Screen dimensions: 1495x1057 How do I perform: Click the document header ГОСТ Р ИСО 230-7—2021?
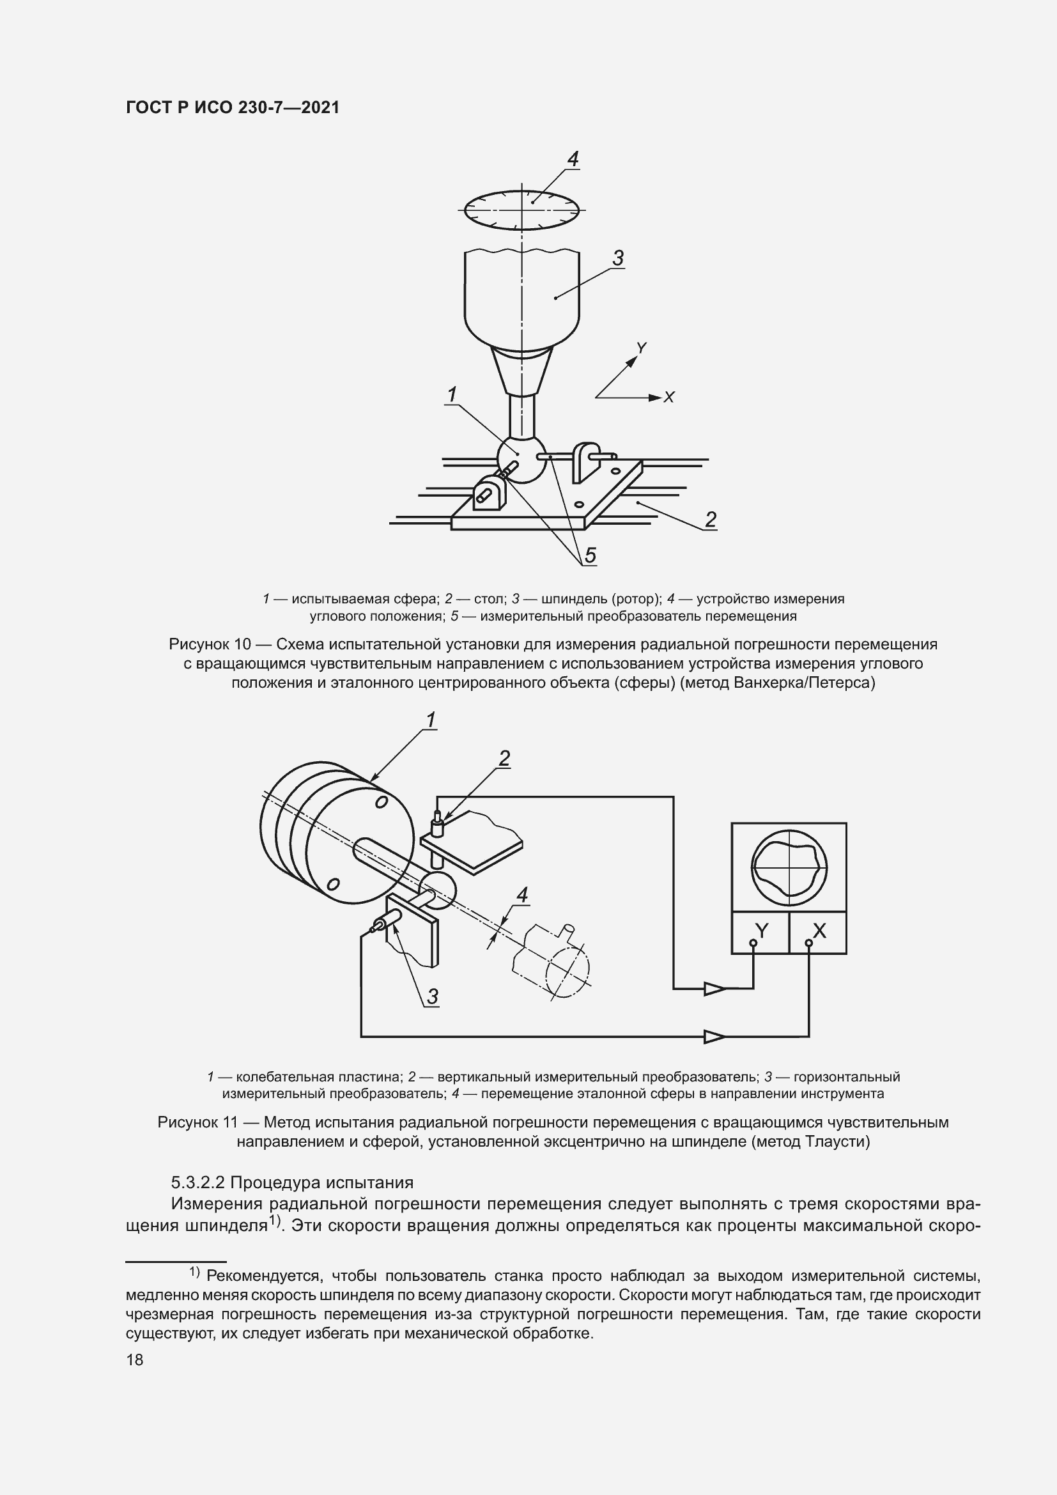click(233, 107)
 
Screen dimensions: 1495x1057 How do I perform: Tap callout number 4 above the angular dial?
click(573, 159)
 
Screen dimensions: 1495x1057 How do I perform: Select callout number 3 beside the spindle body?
click(618, 258)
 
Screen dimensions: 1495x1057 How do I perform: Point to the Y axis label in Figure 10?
click(641, 348)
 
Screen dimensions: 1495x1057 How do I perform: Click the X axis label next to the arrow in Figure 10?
click(668, 397)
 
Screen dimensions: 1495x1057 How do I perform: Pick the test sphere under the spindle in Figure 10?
click(521, 459)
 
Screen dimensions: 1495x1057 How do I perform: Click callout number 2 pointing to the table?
click(710, 519)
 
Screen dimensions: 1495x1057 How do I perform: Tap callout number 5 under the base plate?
click(590, 555)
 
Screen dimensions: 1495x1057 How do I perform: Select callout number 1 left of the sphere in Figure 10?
click(451, 394)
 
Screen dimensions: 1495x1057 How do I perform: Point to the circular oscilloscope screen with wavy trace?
click(789, 868)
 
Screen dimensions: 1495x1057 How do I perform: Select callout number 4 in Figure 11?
click(521, 895)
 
